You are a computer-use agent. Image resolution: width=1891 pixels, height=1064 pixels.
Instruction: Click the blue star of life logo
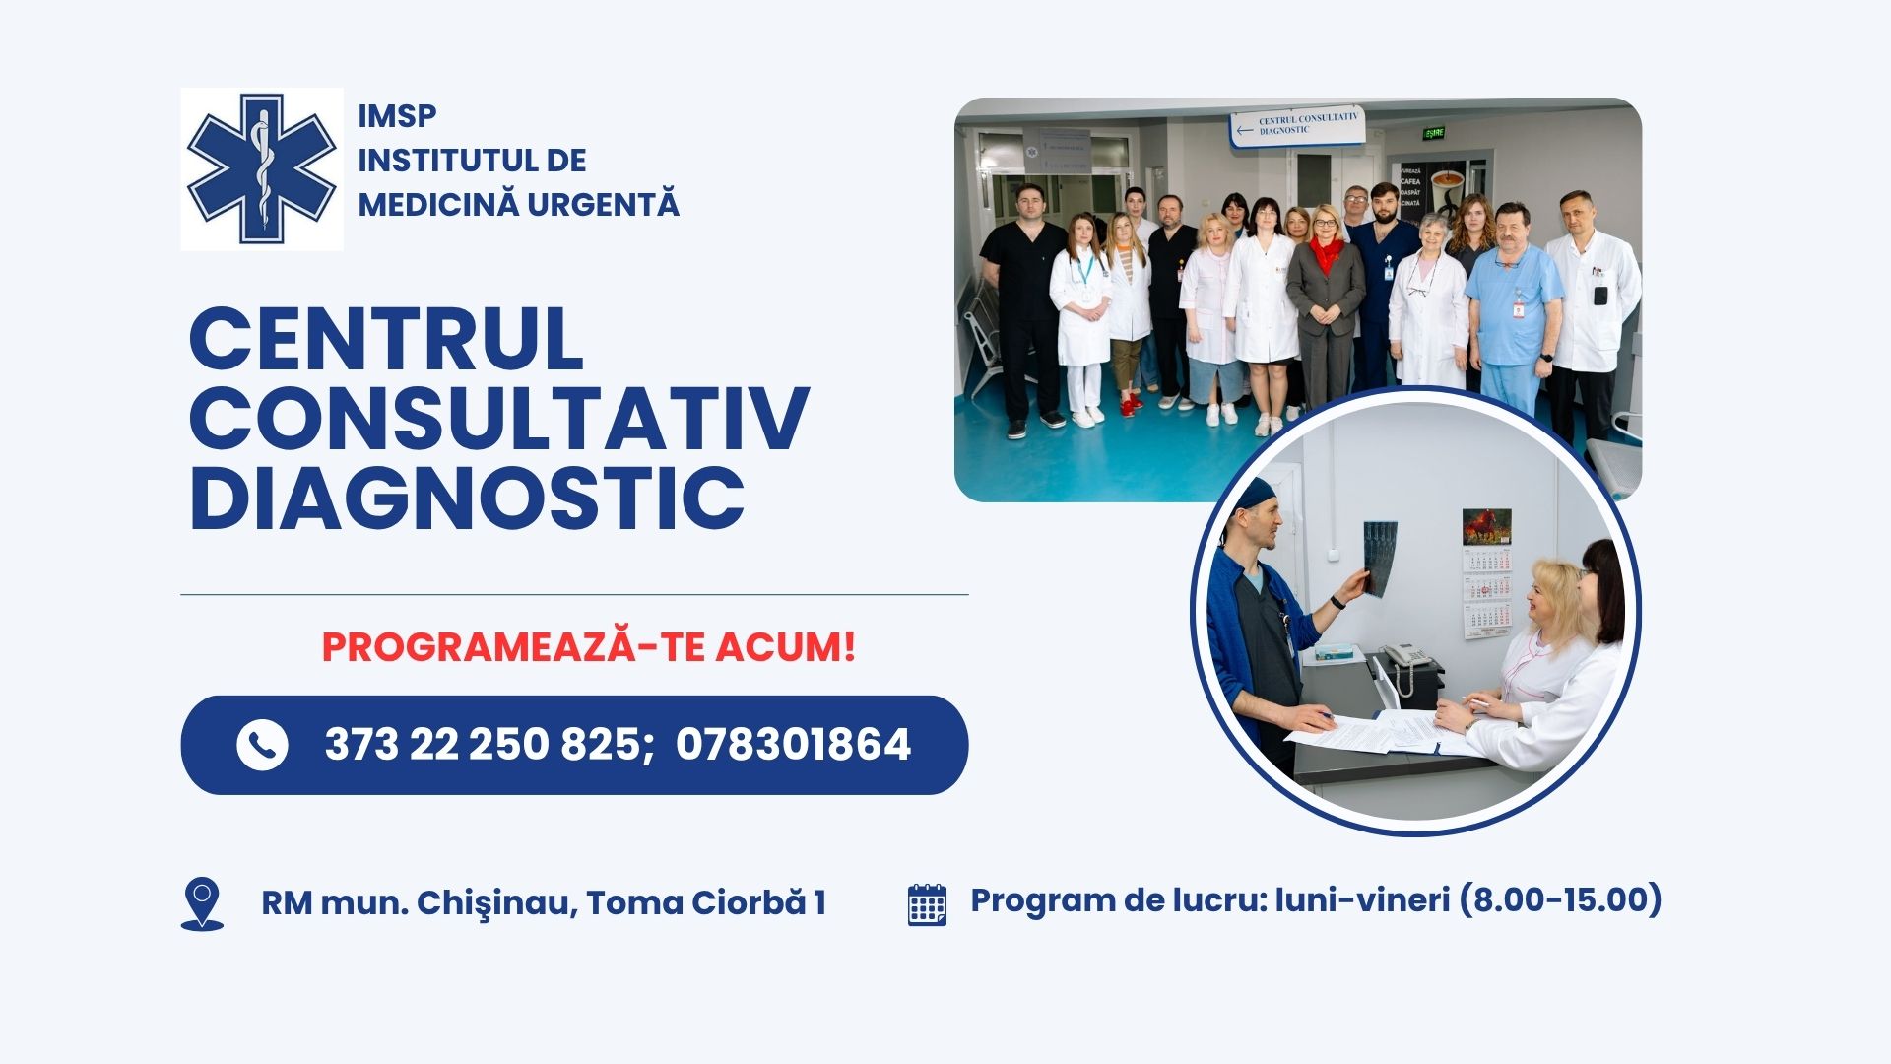(262, 168)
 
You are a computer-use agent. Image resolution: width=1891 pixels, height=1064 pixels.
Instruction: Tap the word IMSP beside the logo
(397, 116)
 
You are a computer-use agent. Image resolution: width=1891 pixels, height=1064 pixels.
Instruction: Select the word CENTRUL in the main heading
(386, 339)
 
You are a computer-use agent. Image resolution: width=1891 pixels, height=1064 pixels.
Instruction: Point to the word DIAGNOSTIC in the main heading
(467, 497)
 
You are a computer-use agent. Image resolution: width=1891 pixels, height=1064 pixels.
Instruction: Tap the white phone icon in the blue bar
(262, 745)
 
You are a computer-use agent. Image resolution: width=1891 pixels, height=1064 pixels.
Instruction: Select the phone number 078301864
(793, 745)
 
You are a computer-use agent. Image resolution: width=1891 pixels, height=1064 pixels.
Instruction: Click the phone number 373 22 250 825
(484, 745)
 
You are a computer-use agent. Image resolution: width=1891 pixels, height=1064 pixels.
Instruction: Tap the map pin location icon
(202, 903)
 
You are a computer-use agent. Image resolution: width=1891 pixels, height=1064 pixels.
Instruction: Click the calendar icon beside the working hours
(927, 904)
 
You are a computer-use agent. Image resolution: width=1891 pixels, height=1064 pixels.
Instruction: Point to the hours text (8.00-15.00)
(1559, 899)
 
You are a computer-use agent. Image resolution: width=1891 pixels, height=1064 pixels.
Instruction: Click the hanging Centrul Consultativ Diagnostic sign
(1297, 126)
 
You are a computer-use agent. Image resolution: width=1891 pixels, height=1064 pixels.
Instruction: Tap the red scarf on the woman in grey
(1326, 253)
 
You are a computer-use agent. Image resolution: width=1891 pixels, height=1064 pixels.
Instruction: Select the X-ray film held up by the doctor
(1380, 558)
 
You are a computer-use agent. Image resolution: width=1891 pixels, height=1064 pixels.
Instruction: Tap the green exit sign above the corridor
(1434, 132)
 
